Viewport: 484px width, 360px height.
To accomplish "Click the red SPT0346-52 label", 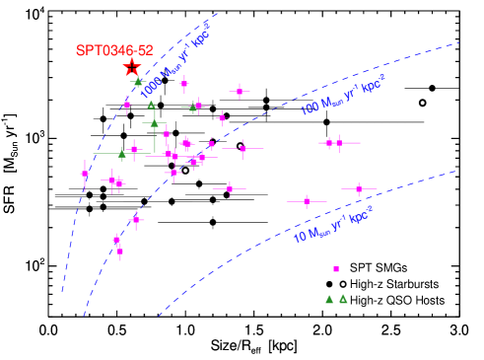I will [114, 50].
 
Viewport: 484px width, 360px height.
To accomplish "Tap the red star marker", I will [132, 67].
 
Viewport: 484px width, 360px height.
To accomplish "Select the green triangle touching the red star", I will [138, 82].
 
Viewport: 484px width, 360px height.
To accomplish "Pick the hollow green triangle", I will [151, 105].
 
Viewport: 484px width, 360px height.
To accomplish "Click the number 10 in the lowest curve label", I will [300, 237].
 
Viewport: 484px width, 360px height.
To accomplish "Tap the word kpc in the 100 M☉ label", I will [369, 87].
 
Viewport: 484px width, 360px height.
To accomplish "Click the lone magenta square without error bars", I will [336, 269].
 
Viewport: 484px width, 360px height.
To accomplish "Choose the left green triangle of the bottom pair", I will [329, 299].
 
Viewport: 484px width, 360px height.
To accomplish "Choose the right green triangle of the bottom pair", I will [343, 299].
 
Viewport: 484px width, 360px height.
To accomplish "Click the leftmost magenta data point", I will [85, 175].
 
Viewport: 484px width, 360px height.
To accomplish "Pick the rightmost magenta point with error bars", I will [359, 188].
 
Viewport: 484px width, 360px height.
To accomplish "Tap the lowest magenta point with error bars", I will [120, 252].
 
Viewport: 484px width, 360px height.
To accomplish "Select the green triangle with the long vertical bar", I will [154, 123].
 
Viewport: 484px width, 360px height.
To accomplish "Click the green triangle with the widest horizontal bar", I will [122, 154].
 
